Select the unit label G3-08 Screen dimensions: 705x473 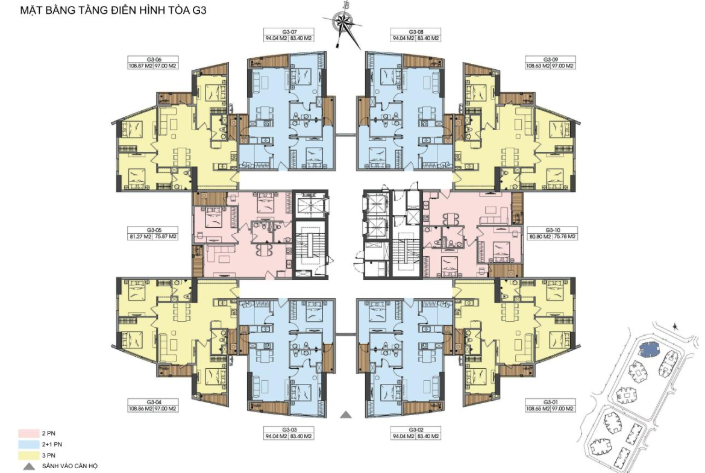pos(416,32)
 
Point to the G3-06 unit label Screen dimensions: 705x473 pos(154,59)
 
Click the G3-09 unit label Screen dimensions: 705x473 pos(551,59)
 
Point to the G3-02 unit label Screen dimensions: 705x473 pos(416,430)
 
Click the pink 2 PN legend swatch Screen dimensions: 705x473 pos(28,433)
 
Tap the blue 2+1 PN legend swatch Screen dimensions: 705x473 pos(28,444)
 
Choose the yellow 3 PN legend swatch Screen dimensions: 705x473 pos(28,456)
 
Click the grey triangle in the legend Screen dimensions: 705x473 pos(30,466)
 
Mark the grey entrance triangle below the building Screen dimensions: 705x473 pos(345,415)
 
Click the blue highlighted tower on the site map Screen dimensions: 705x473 pos(649,348)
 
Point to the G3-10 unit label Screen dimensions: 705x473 pos(553,230)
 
